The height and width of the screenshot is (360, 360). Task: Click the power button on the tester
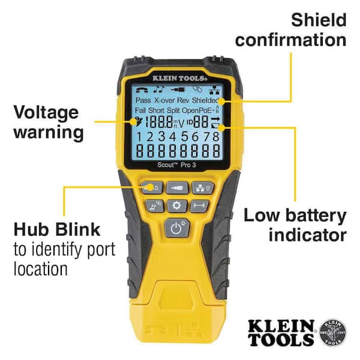176,228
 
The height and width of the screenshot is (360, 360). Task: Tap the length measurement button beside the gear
200,206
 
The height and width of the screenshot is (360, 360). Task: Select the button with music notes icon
153,206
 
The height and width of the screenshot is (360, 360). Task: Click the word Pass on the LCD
143,100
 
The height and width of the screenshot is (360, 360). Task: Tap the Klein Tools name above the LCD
176,77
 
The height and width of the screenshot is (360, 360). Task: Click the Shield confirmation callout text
290,30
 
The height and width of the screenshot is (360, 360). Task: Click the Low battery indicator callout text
295,225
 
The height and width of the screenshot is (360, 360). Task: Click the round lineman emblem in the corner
333,332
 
